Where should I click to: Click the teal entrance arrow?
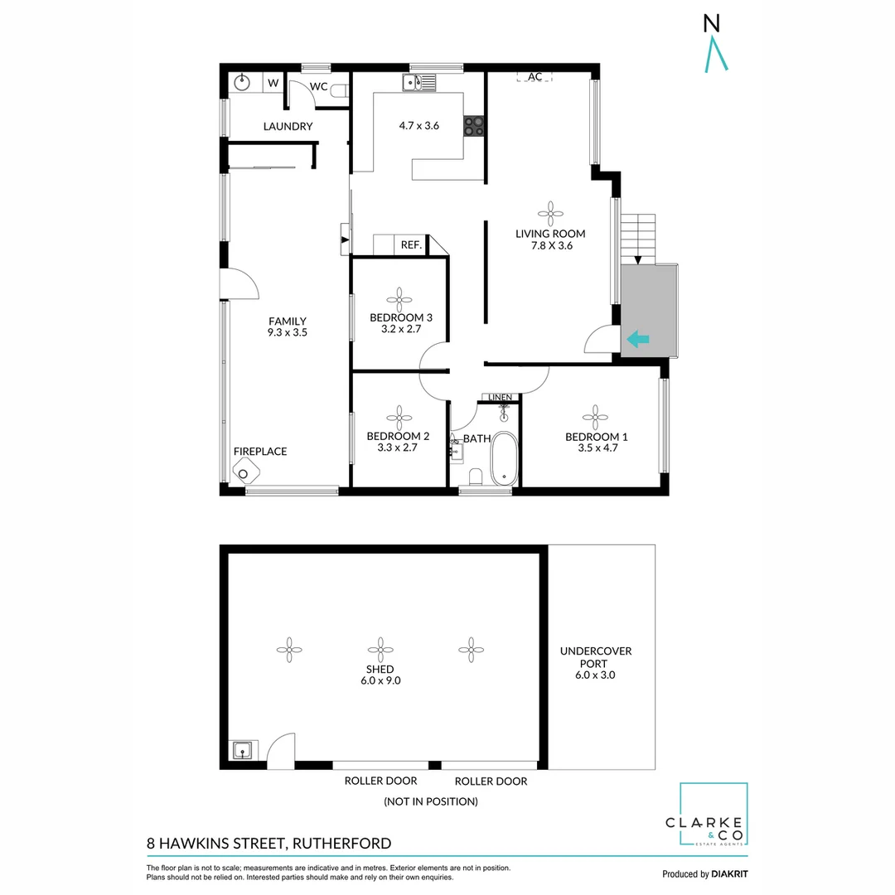click(637, 338)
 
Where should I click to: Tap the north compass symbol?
click(715, 46)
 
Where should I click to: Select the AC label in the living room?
click(535, 77)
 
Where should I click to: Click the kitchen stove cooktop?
click(473, 126)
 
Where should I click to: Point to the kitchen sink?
click(414, 82)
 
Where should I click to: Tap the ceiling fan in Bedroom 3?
click(399, 298)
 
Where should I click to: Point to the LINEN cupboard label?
click(501, 398)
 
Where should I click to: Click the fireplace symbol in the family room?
click(244, 473)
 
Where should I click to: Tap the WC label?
click(319, 86)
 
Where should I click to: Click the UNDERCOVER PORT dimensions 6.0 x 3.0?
click(595, 675)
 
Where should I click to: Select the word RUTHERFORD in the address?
click(341, 844)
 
